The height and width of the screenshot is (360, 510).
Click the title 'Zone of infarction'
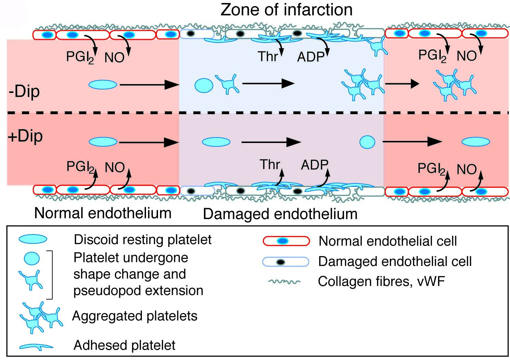[287, 10]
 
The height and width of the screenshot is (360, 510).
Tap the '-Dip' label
[24, 92]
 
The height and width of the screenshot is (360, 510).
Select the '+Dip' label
[25, 136]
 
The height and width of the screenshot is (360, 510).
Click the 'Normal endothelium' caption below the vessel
[103, 213]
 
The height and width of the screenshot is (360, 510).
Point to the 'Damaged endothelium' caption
[280, 214]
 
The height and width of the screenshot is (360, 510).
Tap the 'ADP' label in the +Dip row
[314, 165]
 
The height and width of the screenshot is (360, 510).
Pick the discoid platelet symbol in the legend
[33, 239]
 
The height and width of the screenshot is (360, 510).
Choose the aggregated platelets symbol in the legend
[40, 317]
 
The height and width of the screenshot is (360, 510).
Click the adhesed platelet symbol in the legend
[36, 347]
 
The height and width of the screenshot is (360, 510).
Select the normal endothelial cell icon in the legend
[286, 241]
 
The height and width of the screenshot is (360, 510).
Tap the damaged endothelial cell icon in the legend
[286, 262]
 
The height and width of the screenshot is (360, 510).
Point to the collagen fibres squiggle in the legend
[284, 282]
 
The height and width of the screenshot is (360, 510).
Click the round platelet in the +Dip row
[367, 142]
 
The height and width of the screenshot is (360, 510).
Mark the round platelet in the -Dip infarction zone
[204, 85]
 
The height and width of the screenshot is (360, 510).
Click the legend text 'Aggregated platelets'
[135, 316]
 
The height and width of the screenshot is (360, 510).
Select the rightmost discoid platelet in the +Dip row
[476, 142]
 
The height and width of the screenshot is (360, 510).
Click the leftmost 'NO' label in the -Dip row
[114, 58]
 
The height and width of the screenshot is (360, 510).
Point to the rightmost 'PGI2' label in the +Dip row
[432, 169]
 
